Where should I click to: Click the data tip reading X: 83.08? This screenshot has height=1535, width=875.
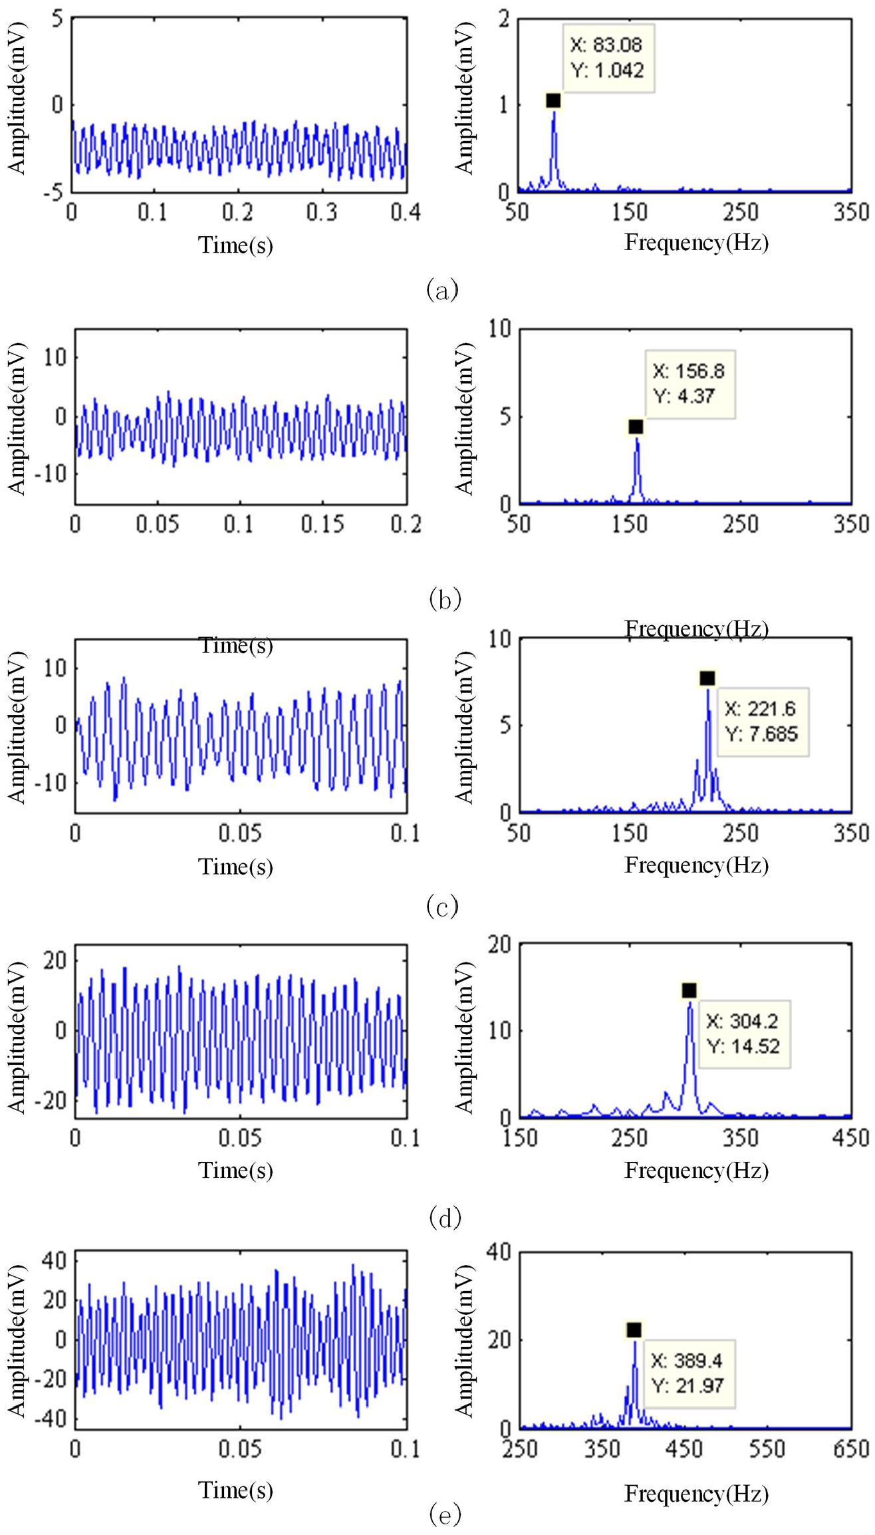coord(608,58)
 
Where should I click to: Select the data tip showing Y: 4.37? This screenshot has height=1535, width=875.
coord(690,384)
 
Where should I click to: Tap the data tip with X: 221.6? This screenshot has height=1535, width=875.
coord(763,722)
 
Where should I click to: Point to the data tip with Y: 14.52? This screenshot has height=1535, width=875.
coord(745,1034)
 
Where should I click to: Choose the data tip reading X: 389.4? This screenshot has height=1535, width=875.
coord(689,1373)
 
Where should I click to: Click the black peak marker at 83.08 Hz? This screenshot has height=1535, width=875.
coord(553,100)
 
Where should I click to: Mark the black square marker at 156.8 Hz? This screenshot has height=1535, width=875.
coord(636,426)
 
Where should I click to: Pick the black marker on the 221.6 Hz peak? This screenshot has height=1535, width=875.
coord(707,678)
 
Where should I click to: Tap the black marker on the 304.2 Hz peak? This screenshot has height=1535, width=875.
coord(689,990)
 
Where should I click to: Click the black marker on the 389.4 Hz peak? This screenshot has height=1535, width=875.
coord(634,1329)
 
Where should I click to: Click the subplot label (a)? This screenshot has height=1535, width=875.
coord(442,289)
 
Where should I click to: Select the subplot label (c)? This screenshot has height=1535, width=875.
coord(442,906)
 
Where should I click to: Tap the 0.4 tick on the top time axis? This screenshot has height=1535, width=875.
coord(406,212)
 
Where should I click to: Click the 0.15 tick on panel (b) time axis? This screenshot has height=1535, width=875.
coord(322,524)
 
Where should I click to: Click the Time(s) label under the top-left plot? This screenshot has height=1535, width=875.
coord(236,245)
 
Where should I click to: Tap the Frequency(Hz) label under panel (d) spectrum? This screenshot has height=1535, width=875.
coord(697,1171)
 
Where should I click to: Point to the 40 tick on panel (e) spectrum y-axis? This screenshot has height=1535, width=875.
coord(499,1252)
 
